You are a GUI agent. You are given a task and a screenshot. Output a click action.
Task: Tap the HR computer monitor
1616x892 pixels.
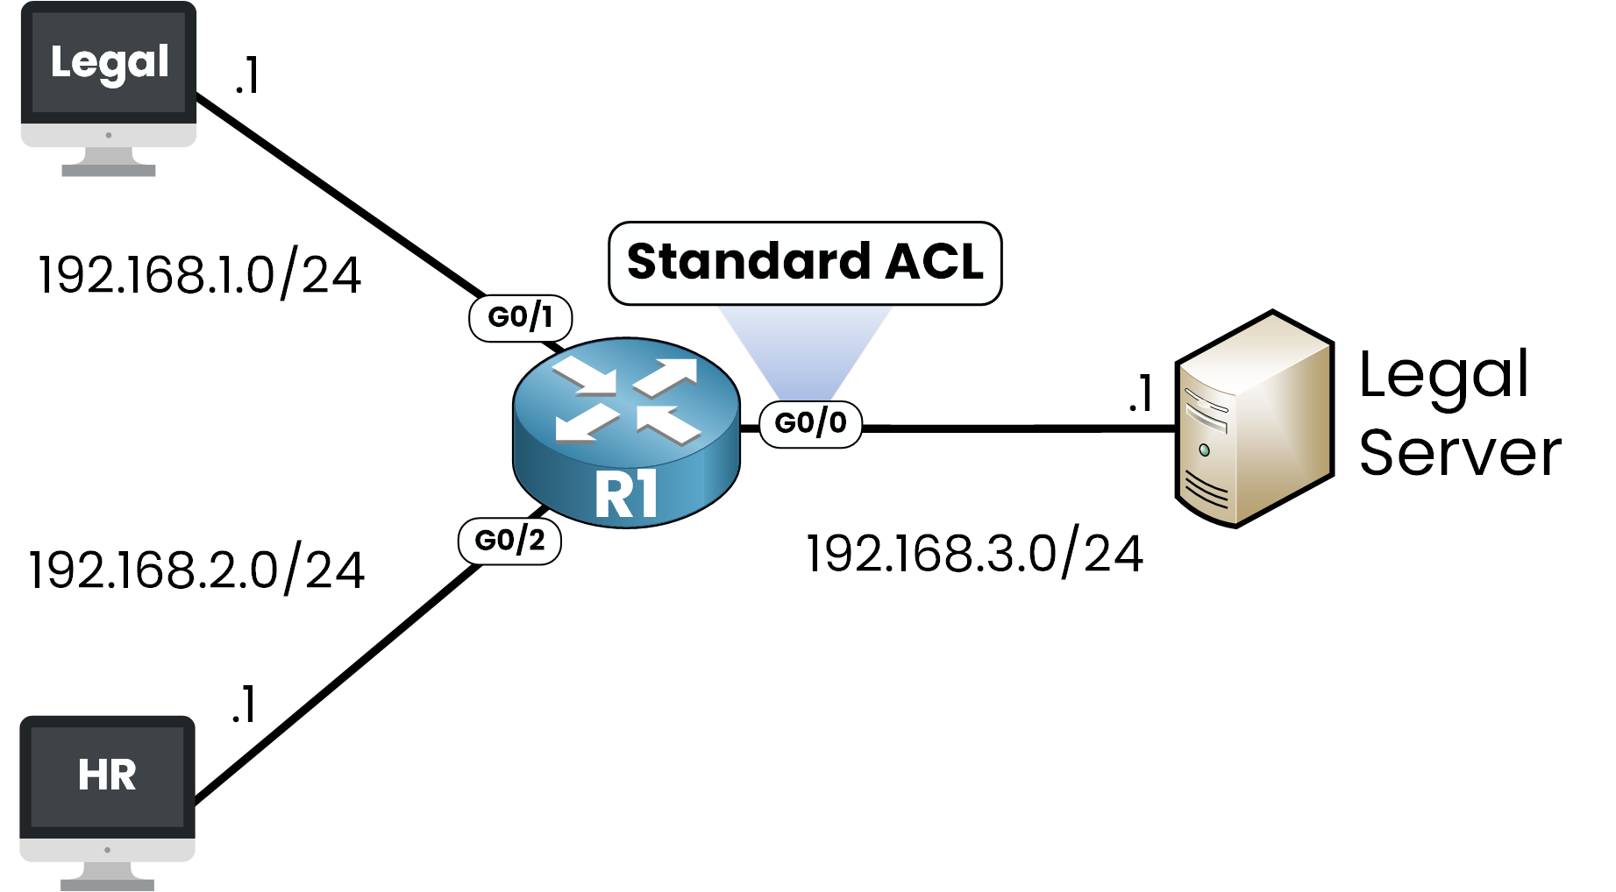point(107,789)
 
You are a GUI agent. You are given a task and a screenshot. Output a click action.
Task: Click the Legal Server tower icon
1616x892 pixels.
point(1253,419)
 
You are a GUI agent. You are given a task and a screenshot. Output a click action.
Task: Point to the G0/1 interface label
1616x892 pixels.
point(520,317)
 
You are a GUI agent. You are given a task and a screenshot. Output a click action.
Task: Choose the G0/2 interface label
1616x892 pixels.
point(509,541)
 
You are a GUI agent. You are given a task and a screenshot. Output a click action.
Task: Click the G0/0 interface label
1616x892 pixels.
point(810,423)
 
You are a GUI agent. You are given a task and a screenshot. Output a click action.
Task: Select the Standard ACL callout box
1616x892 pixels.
point(805,263)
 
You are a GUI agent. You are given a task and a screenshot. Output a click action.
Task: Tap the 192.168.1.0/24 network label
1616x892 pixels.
point(199,275)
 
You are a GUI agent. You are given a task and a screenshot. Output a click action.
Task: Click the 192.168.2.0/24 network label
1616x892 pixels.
point(196,570)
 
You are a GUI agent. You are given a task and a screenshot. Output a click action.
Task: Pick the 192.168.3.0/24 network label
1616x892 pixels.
point(974,555)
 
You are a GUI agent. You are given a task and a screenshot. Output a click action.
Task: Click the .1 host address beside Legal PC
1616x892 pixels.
point(247,75)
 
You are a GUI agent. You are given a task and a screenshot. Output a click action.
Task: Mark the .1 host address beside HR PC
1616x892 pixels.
point(244,705)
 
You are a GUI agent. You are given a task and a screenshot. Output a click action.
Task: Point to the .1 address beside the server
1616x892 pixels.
point(1141,393)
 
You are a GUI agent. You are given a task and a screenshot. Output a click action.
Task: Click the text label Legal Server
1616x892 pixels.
point(1459,414)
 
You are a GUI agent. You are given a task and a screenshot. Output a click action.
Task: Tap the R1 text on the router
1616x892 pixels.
point(625,494)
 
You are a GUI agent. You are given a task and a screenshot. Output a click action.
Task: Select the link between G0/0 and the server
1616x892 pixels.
point(1017,428)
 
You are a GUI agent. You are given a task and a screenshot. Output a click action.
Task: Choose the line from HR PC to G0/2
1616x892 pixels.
point(338,683)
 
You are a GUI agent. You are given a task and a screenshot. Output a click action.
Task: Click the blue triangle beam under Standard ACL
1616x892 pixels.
point(805,350)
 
